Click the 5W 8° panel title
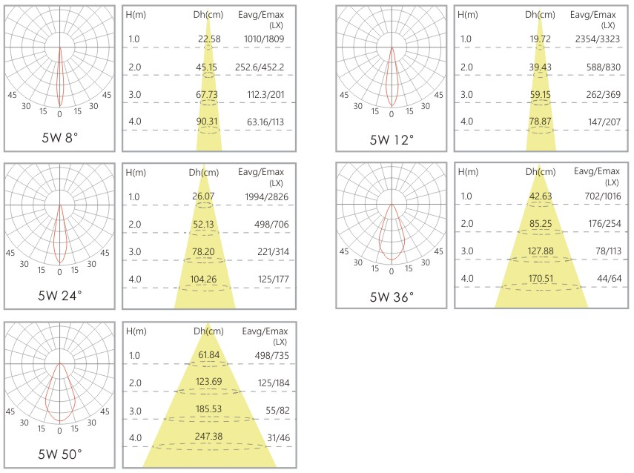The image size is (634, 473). click(60, 137)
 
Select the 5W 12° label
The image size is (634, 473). click(392, 139)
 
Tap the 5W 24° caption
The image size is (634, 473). click(60, 295)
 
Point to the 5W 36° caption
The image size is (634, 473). click(392, 297)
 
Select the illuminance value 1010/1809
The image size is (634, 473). click(264, 39)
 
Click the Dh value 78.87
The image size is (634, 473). click(541, 122)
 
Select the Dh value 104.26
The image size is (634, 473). click(208, 279)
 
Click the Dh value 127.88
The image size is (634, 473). click(541, 251)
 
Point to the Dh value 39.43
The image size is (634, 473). click(541, 67)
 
